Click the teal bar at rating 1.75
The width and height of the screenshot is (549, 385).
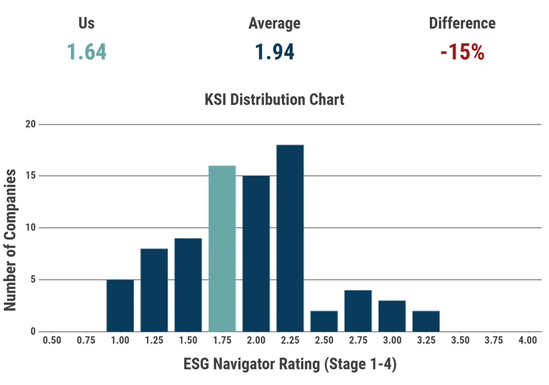[x=222, y=249]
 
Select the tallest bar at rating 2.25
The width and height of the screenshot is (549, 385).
[x=290, y=238]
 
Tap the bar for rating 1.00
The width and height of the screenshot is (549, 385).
[x=120, y=306]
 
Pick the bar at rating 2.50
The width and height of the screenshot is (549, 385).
[x=324, y=321]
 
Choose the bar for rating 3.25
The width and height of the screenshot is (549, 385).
[x=426, y=321]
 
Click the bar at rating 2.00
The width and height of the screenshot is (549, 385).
[x=256, y=254]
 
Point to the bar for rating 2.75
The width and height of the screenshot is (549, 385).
[x=358, y=311]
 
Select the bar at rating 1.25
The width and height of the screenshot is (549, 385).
[x=154, y=290]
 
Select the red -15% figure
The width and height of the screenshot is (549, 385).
[x=462, y=52]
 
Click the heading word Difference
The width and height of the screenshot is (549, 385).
[x=462, y=23]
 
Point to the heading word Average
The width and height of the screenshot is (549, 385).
[x=274, y=23]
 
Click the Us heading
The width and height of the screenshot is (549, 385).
[x=87, y=23]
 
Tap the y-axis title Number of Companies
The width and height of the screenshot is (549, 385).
[x=10, y=240]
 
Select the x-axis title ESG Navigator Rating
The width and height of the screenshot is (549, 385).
[x=290, y=364]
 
